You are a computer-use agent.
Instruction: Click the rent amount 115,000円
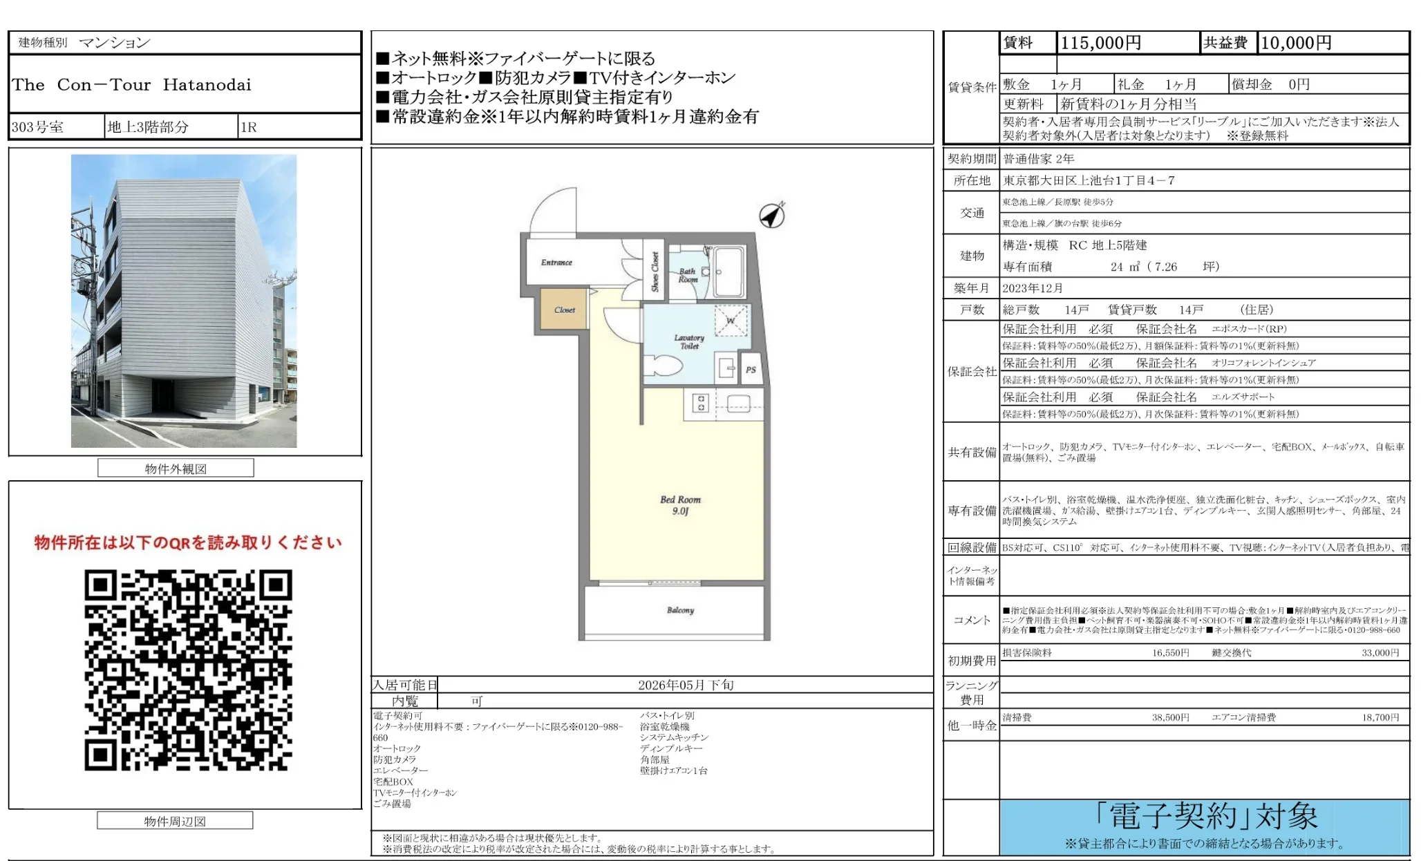pos(1100,43)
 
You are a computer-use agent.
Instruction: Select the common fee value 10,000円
pos(1296,43)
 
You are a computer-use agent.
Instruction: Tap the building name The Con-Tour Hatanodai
pos(131,85)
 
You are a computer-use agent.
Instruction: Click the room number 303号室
pos(37,127)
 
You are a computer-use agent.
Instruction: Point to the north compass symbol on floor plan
pos(772,216)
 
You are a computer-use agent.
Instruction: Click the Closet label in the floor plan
pos(564,310)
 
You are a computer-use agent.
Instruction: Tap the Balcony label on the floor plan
pos(680,610)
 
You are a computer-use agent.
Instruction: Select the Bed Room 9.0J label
pos(680,505)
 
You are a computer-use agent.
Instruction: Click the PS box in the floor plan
pos(751,370)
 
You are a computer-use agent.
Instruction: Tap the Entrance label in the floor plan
pos(556,263)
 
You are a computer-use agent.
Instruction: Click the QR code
pos(188,670)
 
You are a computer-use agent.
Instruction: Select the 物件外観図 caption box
pos(176,469)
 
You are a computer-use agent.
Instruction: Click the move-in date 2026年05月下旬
pos(685,685)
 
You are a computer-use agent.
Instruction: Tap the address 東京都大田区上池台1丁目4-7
pos(1089,180)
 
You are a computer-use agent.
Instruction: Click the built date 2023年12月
pos(1033,288)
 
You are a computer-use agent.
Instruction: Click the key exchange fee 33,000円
pos(1380,652)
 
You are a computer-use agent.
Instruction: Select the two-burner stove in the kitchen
pos(700,403)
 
